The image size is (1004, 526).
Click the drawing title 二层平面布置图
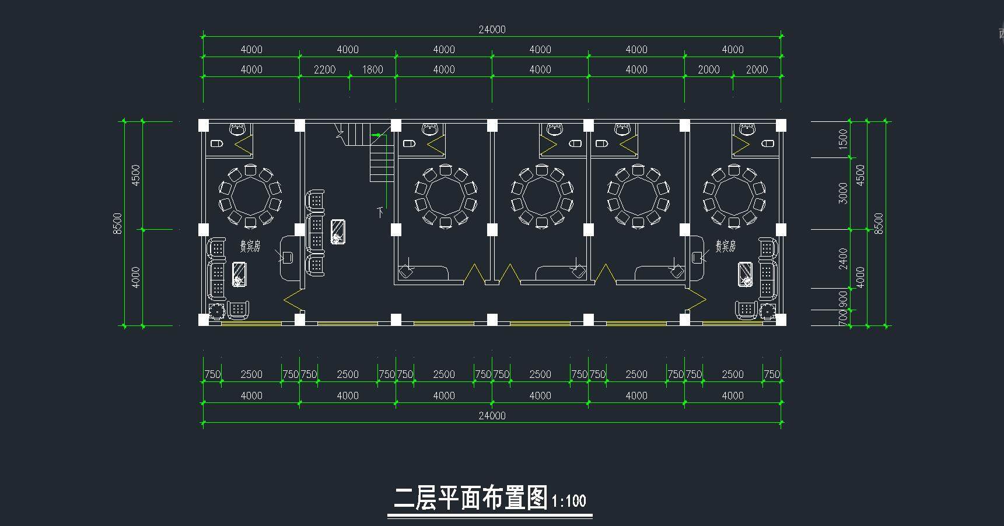tap(470, 499)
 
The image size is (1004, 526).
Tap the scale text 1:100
tap(568, 501)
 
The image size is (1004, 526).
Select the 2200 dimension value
tap(324, 70)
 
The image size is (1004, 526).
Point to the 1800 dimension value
tap(372, 70)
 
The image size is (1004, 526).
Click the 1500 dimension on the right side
tap(842, 139)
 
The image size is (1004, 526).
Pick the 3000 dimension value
tap(842, 193)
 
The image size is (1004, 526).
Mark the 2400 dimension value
tap(842, 258)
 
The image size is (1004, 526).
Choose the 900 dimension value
tap(842, 299)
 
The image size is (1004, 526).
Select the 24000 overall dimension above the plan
tap(492, 30)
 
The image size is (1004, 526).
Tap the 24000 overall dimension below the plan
tap(492, 416)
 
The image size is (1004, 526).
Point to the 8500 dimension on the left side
tap(118, 223)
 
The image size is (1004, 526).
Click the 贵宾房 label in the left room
tap(250, 246)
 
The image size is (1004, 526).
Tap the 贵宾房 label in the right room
tap(725, 246)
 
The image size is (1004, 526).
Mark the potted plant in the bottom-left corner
tap(216, 311)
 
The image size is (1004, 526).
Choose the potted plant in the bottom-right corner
tap(768, 311)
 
